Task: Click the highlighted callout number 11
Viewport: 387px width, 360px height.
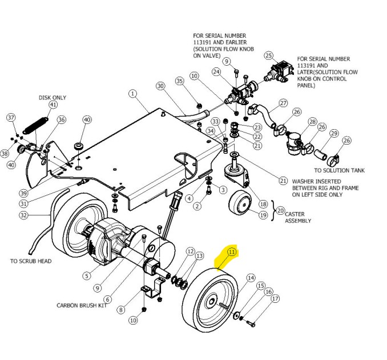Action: (x=231, y=251)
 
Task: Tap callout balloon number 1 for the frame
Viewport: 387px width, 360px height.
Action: (x=132, y=93)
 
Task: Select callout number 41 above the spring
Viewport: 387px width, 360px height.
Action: (x=53, y=105)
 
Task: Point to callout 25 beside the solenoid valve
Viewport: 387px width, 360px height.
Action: (x=268, y=55)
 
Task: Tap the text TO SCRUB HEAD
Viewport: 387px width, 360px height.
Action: (x=31, y=261)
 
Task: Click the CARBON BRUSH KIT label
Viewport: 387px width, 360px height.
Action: (x=82, y=305)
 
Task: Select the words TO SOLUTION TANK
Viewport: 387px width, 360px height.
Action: (x=339, y=170)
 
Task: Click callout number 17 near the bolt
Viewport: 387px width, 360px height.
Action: (x=275, y=299)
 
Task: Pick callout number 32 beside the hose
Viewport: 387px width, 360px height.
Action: (x=23, y=215)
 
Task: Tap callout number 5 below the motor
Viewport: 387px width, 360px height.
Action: (x=87, y=276)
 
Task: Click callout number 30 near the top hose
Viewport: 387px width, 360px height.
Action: (x=160, y=86)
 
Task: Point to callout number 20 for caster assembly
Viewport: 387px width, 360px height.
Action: (x=280, y=210)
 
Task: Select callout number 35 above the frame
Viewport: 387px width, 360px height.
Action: (x=180, y=82)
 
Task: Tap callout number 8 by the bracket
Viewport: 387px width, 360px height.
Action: (x=120, y=310)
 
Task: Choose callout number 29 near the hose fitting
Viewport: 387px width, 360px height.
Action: (x=334, y=133)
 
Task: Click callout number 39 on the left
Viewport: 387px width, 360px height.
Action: (x=23, y=193)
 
